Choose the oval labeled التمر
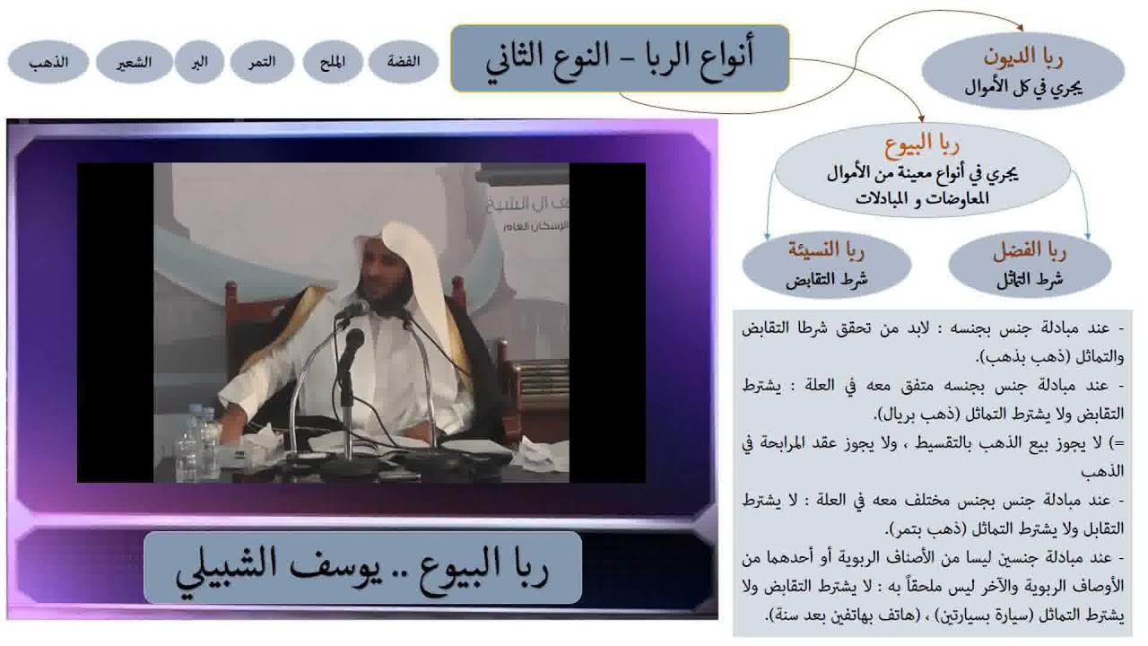tap(263, 62)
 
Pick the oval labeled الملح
tap(332, 62)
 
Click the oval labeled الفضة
tap(403, 62)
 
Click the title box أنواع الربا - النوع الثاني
tap(620, 58)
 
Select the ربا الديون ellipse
tap(1022, 72)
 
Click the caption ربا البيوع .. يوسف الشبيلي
tap(362, 567)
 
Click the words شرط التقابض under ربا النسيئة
tap(826, 279)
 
